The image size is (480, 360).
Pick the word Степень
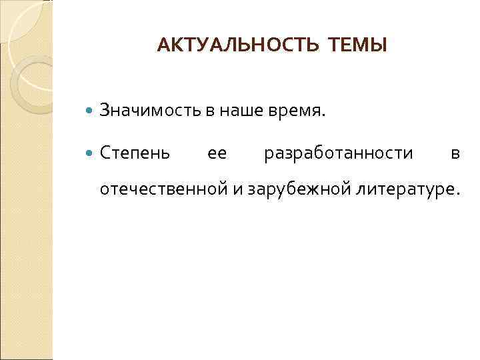(x=135, y=154)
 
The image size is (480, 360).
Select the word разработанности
(x=339, y=154)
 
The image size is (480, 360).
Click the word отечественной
(x=163, y=190)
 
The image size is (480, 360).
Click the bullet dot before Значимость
(x=91, y=111)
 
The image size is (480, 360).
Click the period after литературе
(x=457, y=195)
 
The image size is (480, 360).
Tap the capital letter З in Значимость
(x=105, y=110)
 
